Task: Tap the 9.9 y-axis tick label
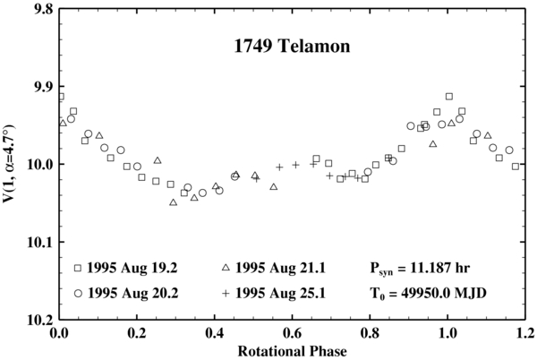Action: (38, 88)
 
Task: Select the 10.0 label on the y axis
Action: (35, 165)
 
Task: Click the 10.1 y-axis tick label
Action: (35, 243)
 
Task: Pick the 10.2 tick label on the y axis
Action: (35, 320)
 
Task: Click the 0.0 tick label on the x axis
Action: (59, 333)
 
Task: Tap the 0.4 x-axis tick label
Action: (214, 333)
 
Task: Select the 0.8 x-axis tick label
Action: (369, 333)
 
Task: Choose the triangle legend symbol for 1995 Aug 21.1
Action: (226, 268)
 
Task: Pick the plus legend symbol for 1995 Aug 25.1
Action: (226, 293)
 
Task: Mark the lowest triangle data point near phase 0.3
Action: (174, 202)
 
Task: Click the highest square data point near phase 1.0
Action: (449, 96)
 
